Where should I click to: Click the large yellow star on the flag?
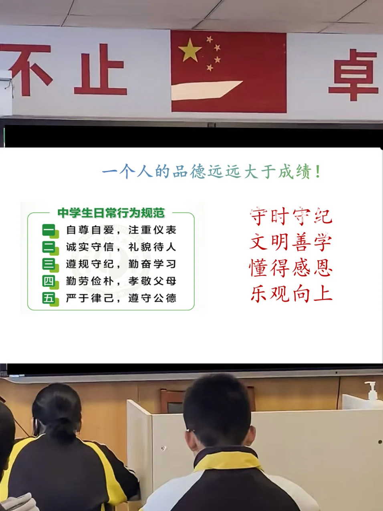point(189,50)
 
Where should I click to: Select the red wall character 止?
point(101,69)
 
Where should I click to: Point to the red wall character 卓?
point(353,75)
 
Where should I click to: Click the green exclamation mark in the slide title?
point(318,172)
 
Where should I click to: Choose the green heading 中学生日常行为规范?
point(111,213)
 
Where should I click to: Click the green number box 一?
point(50,231)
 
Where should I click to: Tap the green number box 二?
point(50,248)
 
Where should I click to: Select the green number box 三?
point(50,265)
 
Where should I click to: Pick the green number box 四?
point(50,282)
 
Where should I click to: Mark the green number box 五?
point(50,299)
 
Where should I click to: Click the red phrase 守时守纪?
point(291,216)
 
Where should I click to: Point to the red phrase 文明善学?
point(291,242)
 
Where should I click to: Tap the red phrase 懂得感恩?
point(291,268)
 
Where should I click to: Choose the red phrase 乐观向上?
point(291,293)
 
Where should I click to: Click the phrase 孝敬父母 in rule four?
point(152,281)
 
